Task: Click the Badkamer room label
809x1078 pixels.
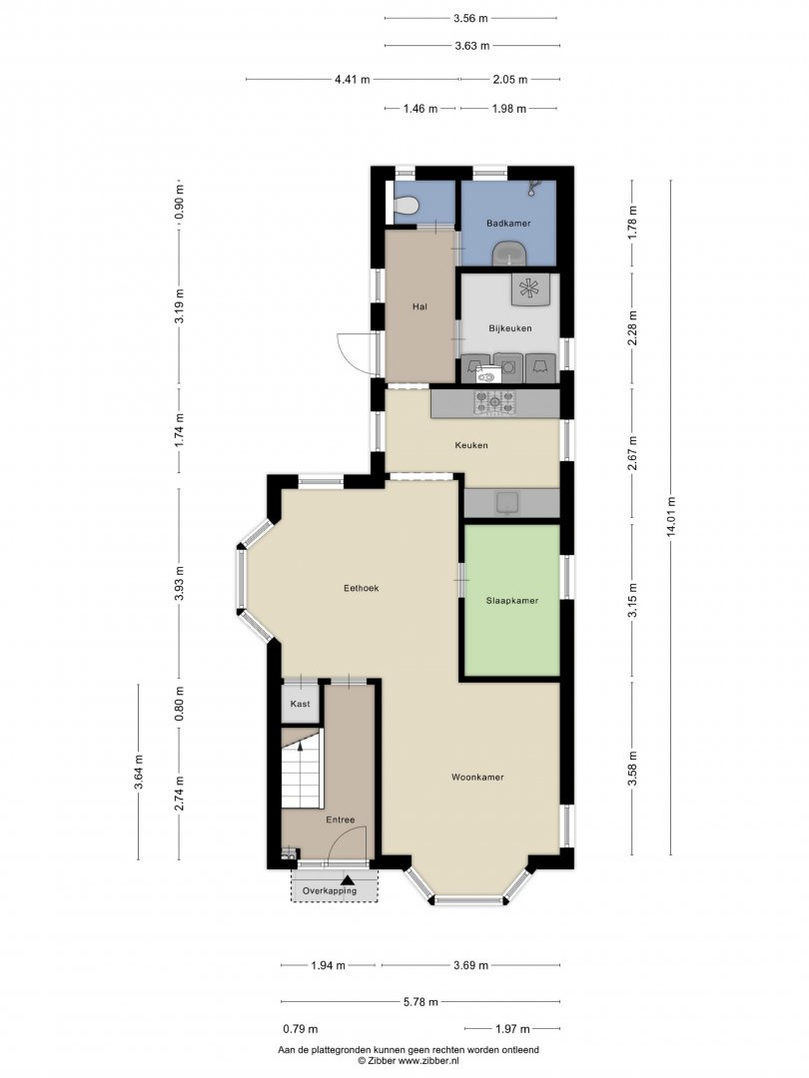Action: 508,224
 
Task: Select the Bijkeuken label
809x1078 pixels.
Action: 509,328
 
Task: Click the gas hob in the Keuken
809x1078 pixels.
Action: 494,403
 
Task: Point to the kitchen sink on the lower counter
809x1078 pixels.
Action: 508,503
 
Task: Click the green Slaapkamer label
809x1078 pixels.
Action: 511,601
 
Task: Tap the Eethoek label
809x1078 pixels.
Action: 362,589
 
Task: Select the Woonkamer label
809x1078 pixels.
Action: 477,778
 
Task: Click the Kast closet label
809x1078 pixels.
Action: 300,704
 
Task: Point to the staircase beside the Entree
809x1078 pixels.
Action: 302,769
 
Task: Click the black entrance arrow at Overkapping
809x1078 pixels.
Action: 348,879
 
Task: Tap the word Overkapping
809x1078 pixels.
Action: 330,891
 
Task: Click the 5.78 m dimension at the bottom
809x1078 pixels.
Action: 420,1002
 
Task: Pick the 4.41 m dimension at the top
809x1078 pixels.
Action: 353,79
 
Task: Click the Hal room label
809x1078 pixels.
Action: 419,306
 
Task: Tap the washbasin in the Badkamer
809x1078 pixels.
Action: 509,253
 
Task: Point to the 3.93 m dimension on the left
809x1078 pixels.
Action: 179,583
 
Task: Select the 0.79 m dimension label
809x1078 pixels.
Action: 301,1029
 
